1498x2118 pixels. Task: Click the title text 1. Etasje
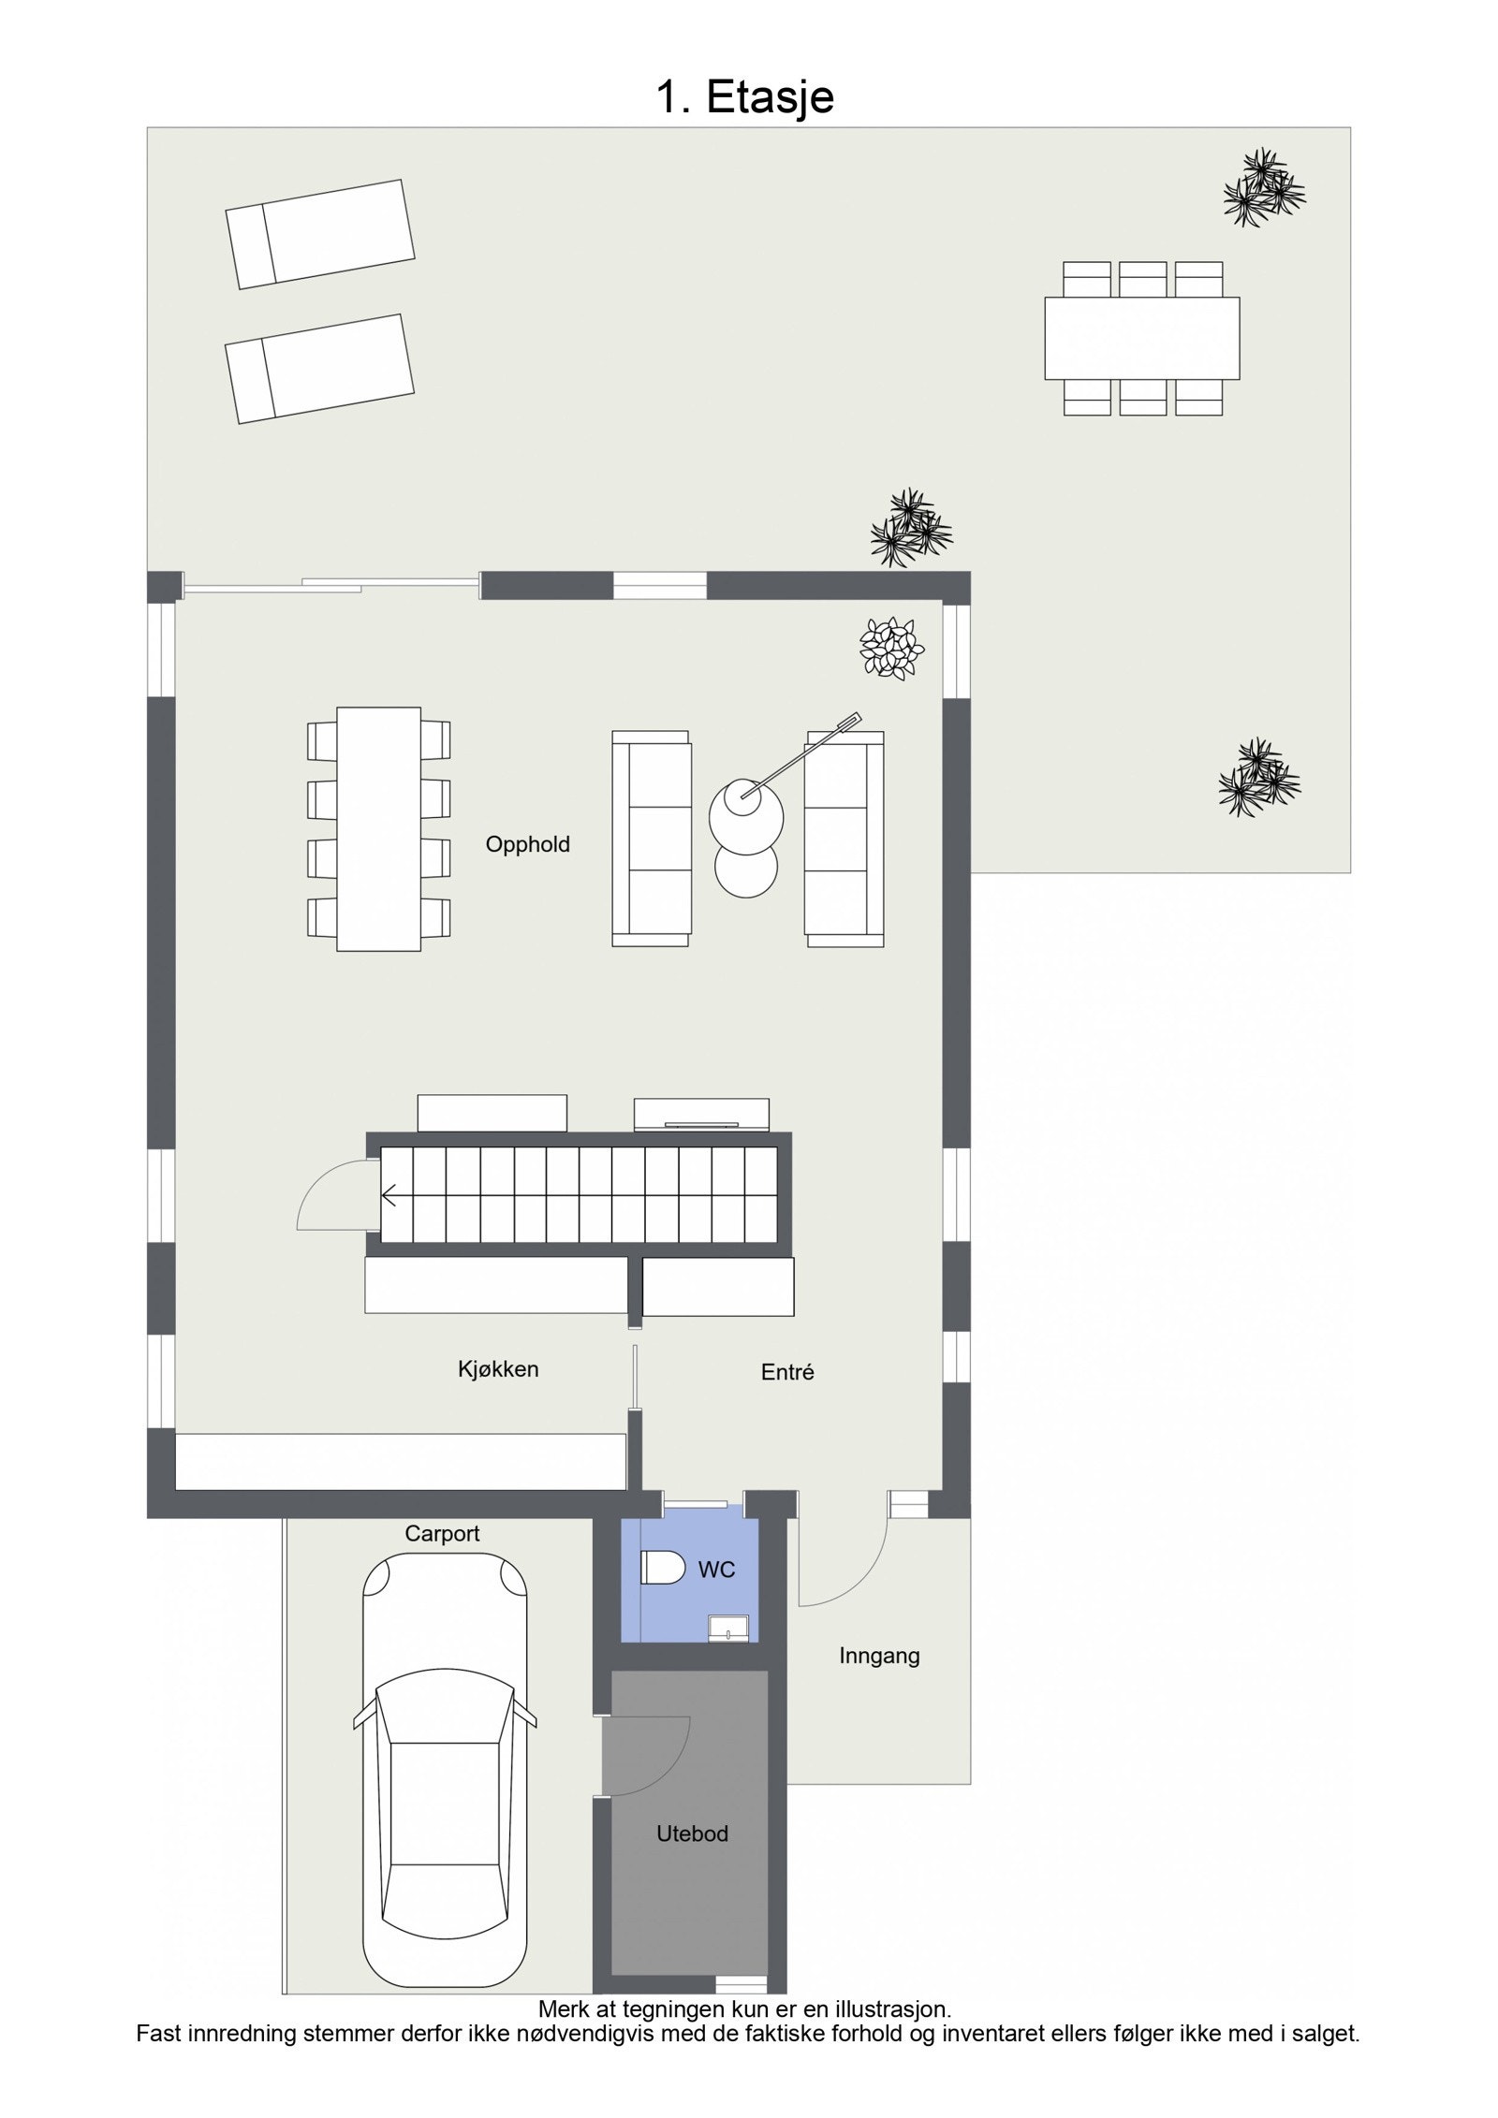tap(744, 97)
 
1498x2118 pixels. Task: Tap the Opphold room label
tap(527, 844)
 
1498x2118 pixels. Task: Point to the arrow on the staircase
tap(389, 1195)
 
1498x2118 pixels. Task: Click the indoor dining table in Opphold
tap(378, 828)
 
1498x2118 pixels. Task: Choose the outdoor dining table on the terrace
tap(1141, 338)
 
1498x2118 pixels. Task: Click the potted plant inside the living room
tap(892, 647)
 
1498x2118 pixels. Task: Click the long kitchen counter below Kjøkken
tap(401, 1461)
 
